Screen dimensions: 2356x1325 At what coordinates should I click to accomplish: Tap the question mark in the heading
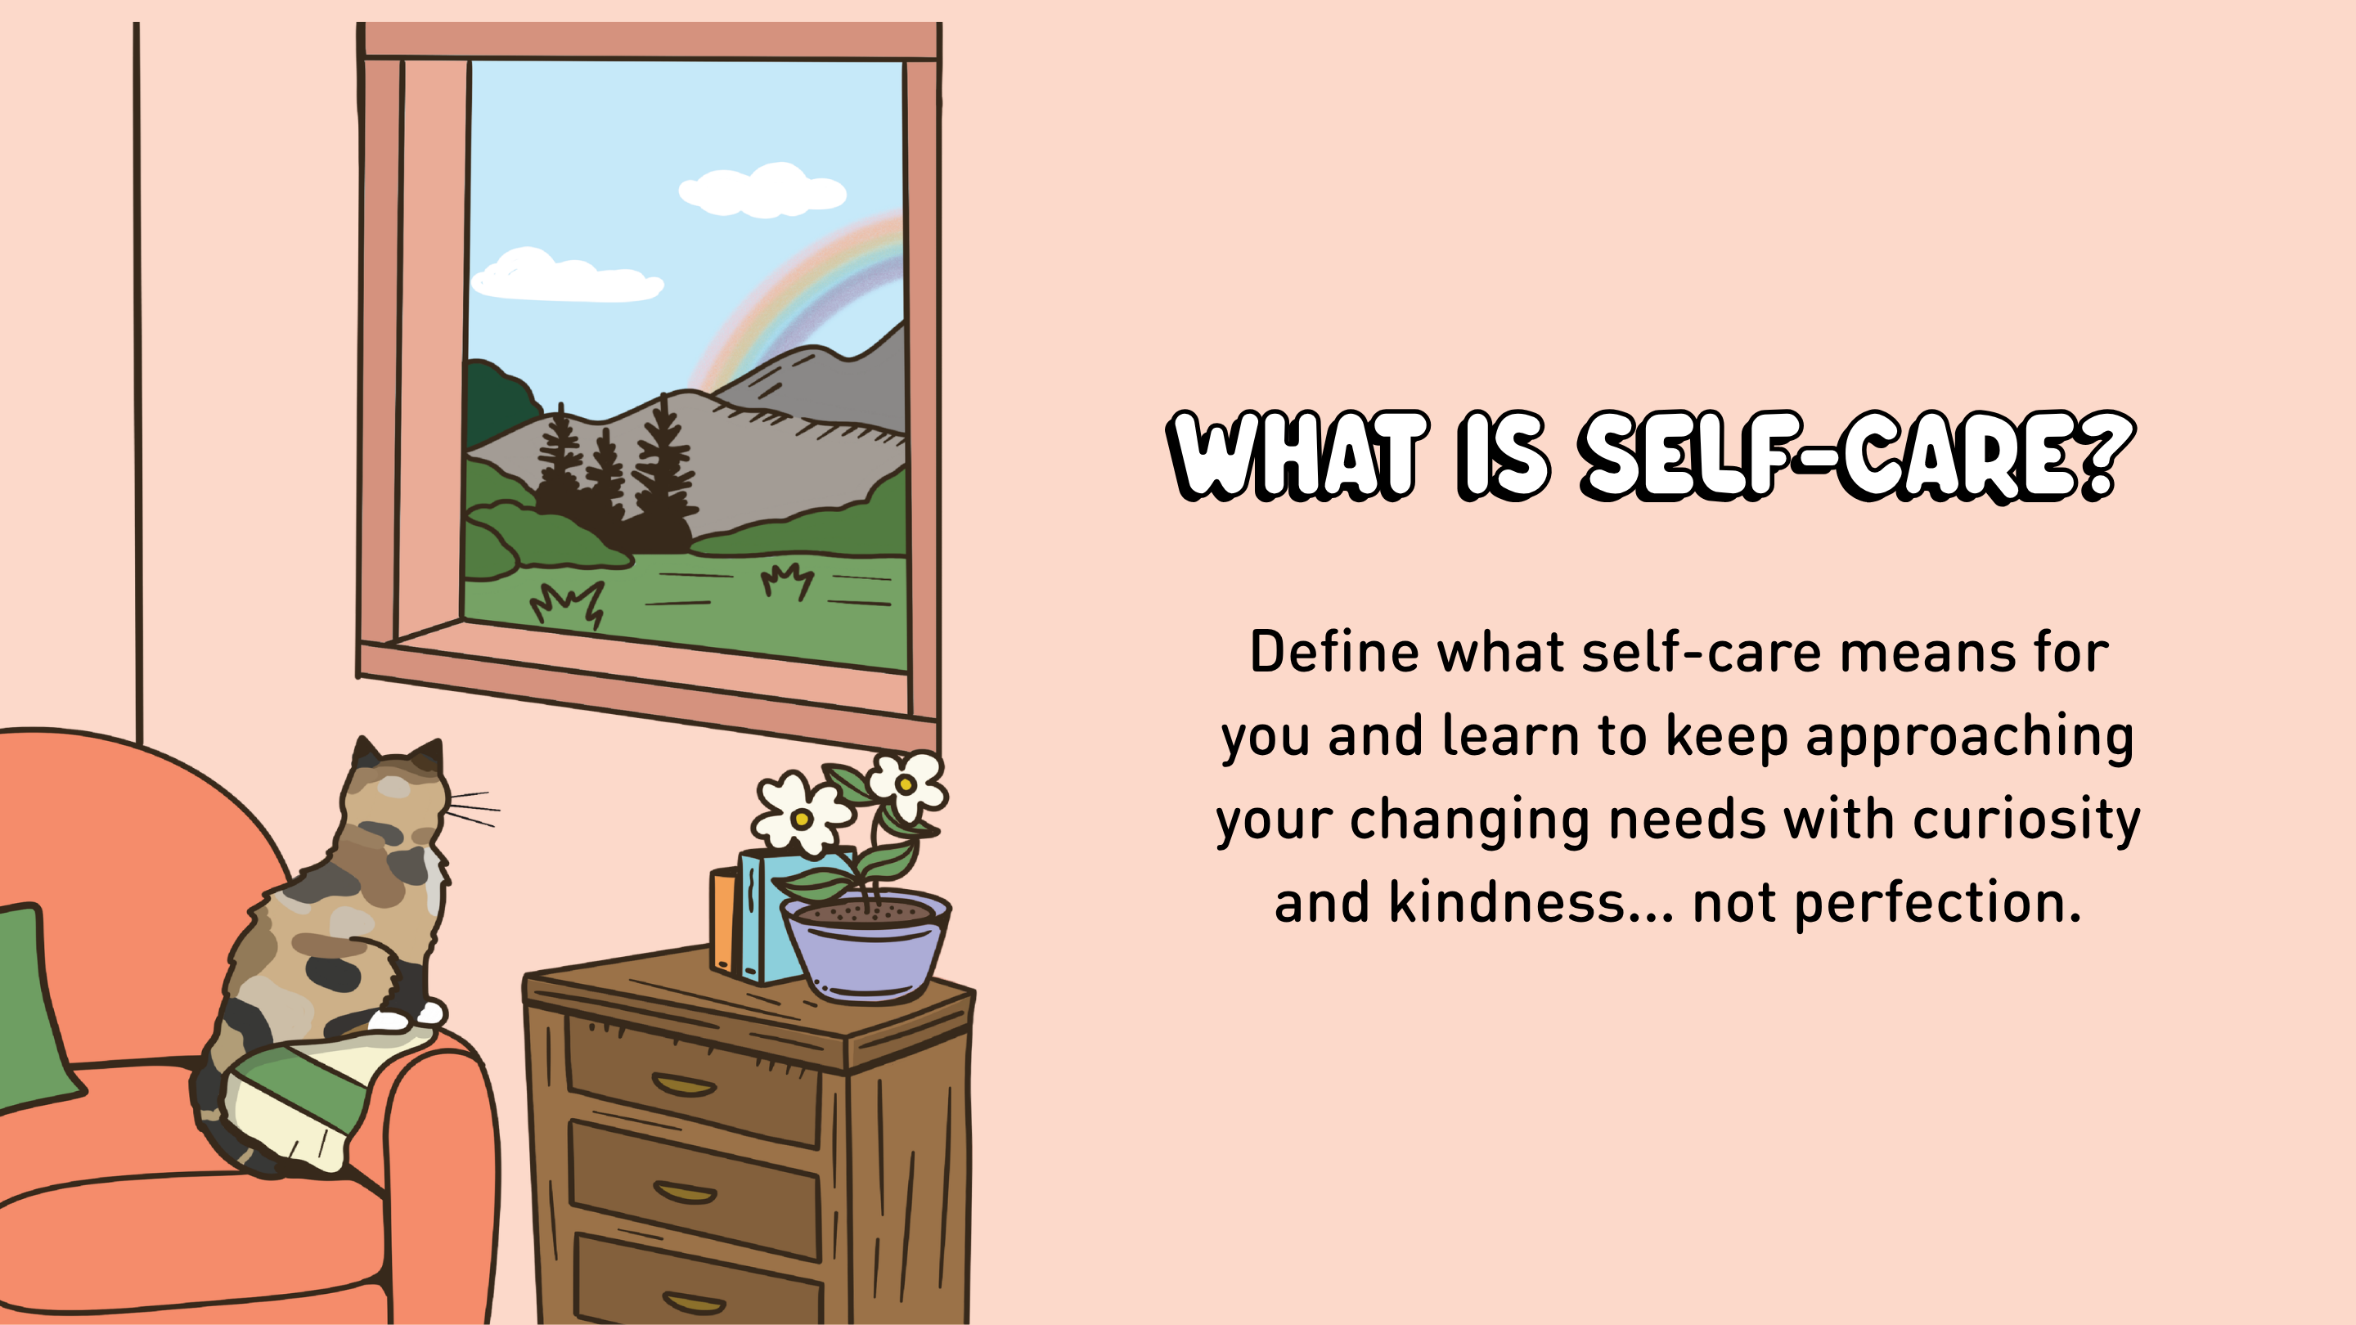pos(2107,455)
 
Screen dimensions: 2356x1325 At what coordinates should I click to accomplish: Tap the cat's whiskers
pos(473,809)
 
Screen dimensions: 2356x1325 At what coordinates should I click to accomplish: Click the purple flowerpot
pos(866,947)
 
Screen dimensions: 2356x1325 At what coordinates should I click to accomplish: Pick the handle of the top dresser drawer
pos(684,1085)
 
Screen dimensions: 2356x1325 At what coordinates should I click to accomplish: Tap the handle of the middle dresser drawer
pos(685,1192)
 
